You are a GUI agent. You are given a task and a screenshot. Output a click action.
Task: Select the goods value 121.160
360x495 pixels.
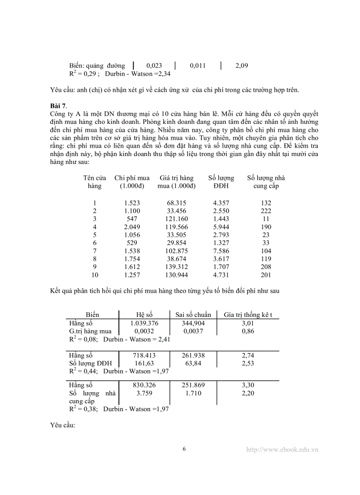(x=176, y=219)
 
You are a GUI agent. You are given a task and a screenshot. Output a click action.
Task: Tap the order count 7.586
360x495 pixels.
(x=221, y=251)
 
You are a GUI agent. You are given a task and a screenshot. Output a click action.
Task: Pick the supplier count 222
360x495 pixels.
(x=266, y=211)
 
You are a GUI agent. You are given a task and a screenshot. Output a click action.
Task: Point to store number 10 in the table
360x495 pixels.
(x=94, y=275)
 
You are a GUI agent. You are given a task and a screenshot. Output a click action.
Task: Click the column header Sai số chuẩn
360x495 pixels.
(x=193, y=315)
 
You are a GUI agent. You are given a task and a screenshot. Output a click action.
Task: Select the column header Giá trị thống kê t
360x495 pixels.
(x=248, y=315)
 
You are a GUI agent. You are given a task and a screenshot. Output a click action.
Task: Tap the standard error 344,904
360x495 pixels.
(x=193, y=323)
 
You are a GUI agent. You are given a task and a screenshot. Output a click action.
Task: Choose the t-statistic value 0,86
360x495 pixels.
(x=248, y=331)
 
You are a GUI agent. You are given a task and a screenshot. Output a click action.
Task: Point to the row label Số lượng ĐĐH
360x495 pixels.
(x=90, y=363)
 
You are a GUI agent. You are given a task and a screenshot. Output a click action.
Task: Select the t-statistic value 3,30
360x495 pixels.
(x=248, y=385)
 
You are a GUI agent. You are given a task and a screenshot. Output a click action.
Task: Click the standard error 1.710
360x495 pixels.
(x=193, y=393)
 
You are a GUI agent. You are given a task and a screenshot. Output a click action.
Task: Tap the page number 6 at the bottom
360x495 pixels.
(x=184, y=449)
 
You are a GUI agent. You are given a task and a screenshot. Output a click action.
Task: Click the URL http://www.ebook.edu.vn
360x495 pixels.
(x=282, y=450)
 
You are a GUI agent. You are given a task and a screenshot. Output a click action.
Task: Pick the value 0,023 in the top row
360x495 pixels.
(x=154, y=66)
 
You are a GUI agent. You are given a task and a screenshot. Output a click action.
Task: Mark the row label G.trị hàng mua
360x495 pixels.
(x=90, y=331)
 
